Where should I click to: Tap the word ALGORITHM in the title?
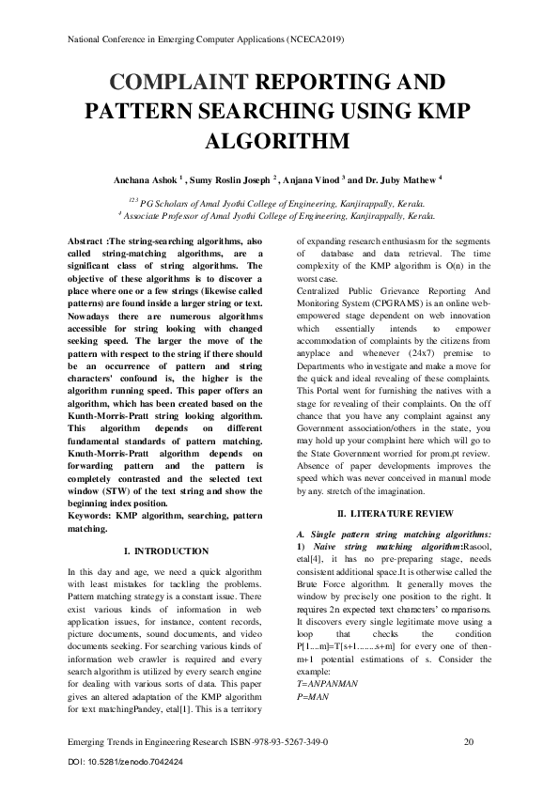pos(278,141)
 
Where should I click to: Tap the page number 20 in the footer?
pos(468,742)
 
